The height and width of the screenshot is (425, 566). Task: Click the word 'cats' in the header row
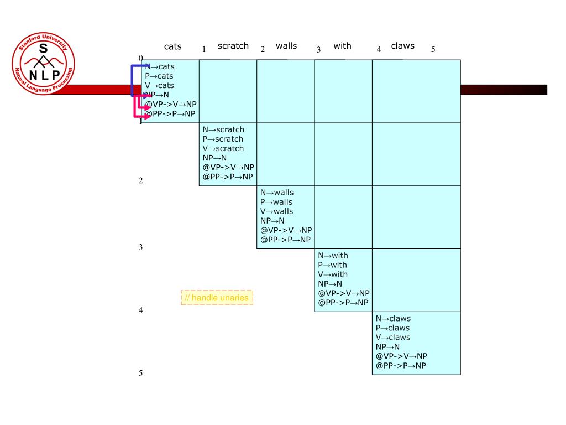coord(172,47)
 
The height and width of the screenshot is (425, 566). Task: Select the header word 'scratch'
coord(233,46)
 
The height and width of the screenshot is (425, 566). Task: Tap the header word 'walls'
coord(286,46)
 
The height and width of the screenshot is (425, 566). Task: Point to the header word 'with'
coord(342,46)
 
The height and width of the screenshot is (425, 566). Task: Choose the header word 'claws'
coord(402,46)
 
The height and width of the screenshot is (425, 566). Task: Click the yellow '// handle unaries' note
coord(217,298)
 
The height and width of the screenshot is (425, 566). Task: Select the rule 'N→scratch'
coord(223,130)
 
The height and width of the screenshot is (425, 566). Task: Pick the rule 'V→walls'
coord(276,211)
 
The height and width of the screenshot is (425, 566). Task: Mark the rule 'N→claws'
coord(393,319)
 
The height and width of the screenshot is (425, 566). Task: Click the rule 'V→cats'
coord(159,85)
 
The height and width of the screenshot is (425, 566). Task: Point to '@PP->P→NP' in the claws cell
coord(401,366)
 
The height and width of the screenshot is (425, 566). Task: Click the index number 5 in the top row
coord(433,49)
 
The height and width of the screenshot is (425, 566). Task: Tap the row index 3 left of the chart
coord(141,247)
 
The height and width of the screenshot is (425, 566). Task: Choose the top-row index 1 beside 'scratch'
coord(204,49)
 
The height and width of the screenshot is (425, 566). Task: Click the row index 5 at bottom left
coord(141,374)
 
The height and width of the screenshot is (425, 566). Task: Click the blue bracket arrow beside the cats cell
coord(132,80)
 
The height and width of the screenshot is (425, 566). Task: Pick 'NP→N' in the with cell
coord(330,284)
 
